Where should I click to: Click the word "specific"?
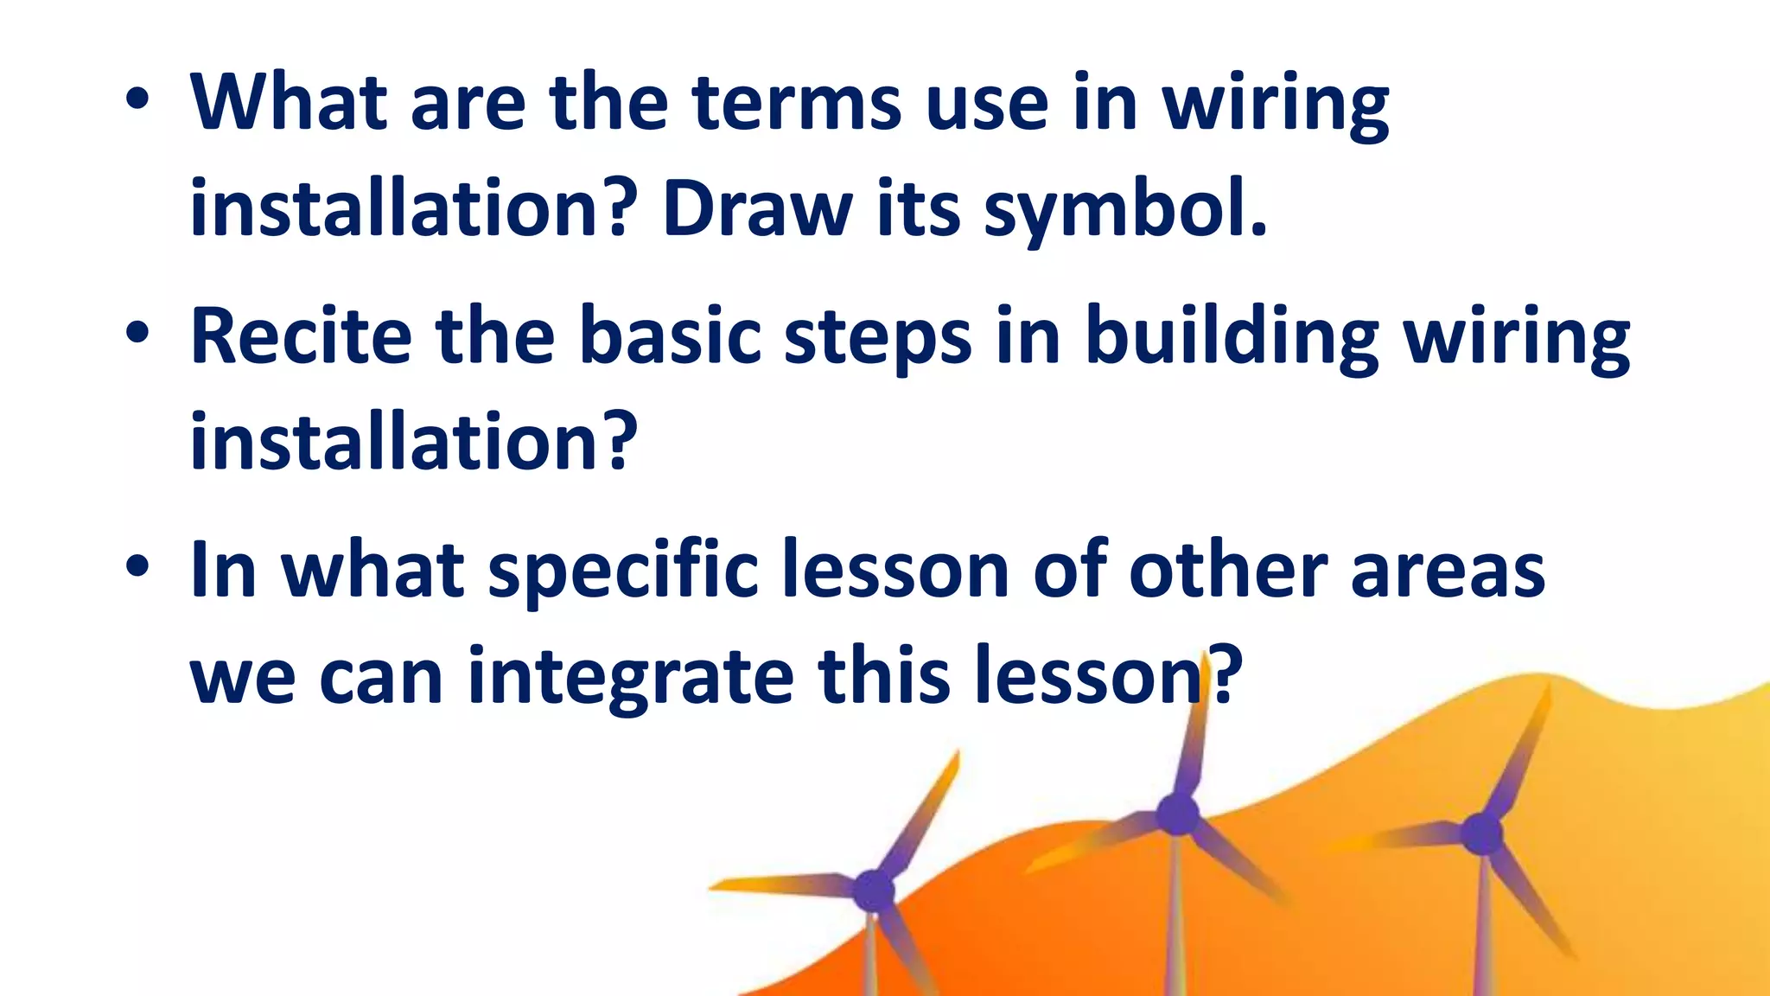click(x=623, y=571)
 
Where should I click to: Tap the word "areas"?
click(x=1448, y=571)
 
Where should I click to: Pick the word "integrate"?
click(x=630, y=677)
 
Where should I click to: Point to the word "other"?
click(x=1227, y=571)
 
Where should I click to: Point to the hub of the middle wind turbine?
click(x=1177, y=814)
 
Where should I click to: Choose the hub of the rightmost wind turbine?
click(x=1481, y=834)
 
